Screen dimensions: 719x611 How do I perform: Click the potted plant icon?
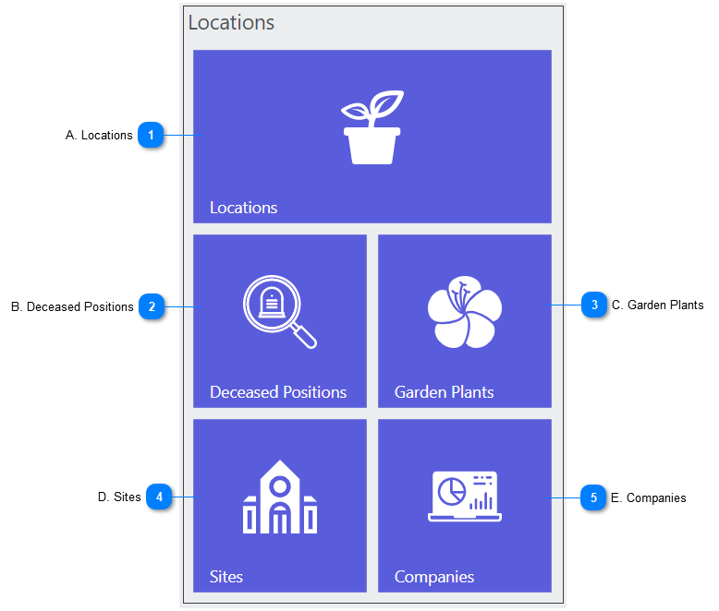(372, 127)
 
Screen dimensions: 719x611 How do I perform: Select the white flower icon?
(465, 311)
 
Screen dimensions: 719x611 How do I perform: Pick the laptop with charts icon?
(465, 497)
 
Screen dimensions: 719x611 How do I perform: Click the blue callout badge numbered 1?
(151, 135)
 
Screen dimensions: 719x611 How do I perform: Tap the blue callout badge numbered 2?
(152, 306)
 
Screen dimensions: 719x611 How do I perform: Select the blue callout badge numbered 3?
(594, 305)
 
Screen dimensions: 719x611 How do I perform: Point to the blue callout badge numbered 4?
(159, 497)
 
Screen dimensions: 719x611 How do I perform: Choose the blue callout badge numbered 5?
(593, 497)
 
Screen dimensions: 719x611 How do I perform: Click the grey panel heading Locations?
(231, 22)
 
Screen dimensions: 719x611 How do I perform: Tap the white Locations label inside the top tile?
(243, 208)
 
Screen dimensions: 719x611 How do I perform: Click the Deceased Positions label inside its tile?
(278, 392)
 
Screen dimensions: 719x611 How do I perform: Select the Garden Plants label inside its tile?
(445, 392)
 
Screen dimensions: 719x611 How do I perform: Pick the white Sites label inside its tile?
(226, 577)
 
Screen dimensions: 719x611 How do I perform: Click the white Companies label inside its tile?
(434, 577)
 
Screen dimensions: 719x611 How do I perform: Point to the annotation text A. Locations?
(99, 135)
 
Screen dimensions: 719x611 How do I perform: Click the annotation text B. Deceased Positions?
(72, 306)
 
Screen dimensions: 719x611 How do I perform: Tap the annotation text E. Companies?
(649, 497)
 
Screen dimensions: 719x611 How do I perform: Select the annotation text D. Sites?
(119, 497)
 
